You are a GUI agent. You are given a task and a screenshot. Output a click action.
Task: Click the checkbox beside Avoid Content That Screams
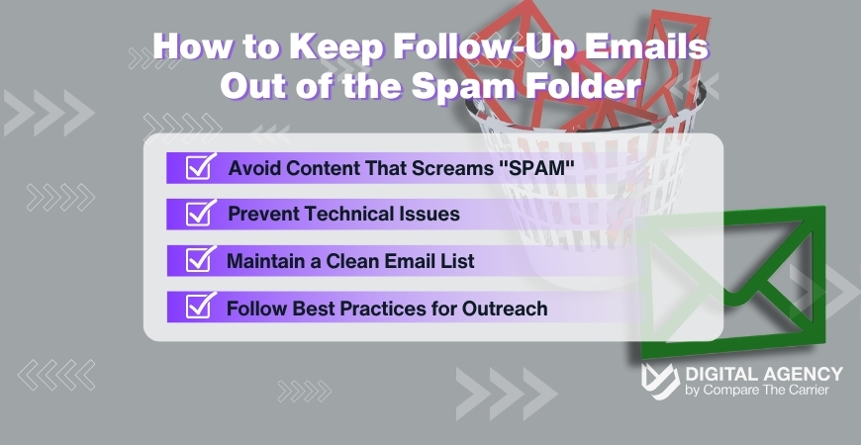coord(201,166)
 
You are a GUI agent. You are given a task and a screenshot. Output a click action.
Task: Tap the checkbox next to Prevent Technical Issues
coord(201,213)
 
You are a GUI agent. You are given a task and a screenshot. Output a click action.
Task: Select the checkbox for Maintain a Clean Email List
coord(201,260)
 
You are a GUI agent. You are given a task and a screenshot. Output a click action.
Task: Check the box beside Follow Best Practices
coord(201,308)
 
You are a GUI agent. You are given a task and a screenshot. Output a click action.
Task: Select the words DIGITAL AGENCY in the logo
coord(764,374)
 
